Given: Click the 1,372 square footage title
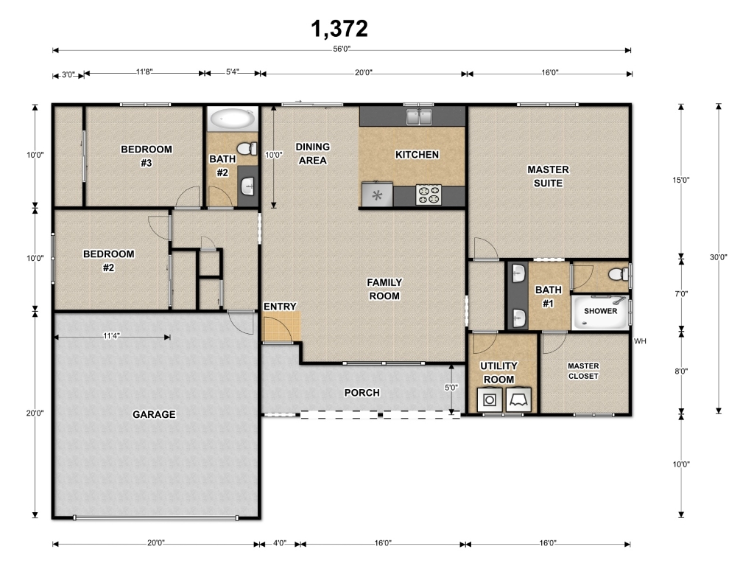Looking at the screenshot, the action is click(x=339, y=29).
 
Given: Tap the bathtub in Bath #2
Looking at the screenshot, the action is click(x=233, y=119).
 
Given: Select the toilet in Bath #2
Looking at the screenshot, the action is click(x=247, y=148).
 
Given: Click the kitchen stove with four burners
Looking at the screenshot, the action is click(x=429, y=195).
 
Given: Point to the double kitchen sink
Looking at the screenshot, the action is click(x=419, y=116).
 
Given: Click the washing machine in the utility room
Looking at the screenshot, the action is click(x=490, y=399).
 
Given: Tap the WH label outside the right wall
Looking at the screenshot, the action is click(x=640, y=341).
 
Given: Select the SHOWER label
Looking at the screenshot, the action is click(x=601, y=312).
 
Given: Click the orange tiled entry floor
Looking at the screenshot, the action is click(x=281, y=326).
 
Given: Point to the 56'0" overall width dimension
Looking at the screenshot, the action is click(x=342, y=49).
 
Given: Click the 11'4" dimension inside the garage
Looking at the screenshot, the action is click(x=112, y=336).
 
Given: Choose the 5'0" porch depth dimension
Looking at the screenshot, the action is click(x=451, y=388).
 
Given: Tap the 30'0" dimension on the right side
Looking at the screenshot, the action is click(x=719, y=257).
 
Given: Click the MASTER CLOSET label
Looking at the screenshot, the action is click(x=583, y=371).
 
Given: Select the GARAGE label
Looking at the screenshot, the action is click(x=154, y=414).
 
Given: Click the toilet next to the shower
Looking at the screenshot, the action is click(x=618, y=274).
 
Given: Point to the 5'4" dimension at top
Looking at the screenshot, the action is click(x=232, y=72).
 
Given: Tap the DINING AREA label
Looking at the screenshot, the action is click(x=312, y=153).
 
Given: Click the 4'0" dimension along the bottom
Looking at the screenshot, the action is click(x=279, y=543).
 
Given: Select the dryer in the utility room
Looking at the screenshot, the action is click(x=518, y=399).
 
